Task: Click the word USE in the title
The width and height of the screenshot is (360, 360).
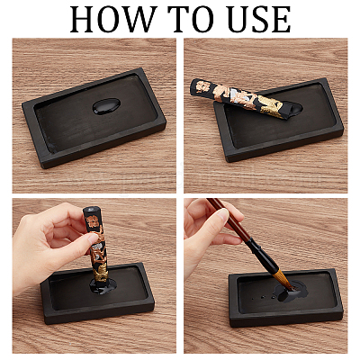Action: pos(259,20)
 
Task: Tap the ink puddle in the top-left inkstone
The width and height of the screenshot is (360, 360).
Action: pos(106,106)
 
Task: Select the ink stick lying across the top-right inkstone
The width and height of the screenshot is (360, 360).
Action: pos(245,98)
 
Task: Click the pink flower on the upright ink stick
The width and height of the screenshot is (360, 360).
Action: pos(91,221)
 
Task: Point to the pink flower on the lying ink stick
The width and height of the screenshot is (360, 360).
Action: pos(204,87)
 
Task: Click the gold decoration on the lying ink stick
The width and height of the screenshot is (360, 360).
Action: pos(270,105)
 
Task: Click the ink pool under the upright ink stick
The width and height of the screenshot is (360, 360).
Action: pos(103,286)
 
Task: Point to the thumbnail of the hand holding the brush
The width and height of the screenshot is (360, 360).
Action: pos(223,215)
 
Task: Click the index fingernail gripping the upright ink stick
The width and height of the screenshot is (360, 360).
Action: pos(93,238)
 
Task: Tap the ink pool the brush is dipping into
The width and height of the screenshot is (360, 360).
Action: pos(289,291)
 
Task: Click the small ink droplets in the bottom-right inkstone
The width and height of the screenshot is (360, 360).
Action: pos(264,297)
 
